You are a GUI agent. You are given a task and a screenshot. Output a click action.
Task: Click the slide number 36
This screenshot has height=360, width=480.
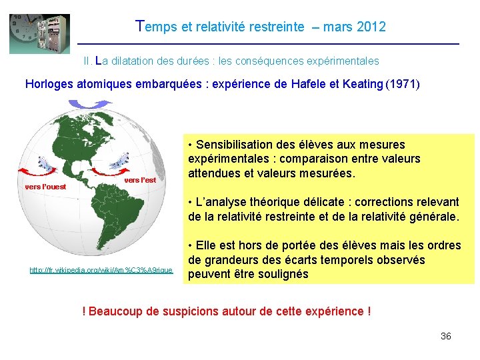click(x=446, y=336)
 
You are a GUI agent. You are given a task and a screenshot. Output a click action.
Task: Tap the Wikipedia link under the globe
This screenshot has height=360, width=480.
click(x=101, y=270)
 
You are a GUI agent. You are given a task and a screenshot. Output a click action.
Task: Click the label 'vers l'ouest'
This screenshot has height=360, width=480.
click(x=45, y=187)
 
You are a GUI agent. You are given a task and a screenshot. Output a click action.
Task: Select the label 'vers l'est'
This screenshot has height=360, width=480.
click(x=140, y=180)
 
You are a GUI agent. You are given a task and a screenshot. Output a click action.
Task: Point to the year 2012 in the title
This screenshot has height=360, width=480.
click(x=371, y=27)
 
